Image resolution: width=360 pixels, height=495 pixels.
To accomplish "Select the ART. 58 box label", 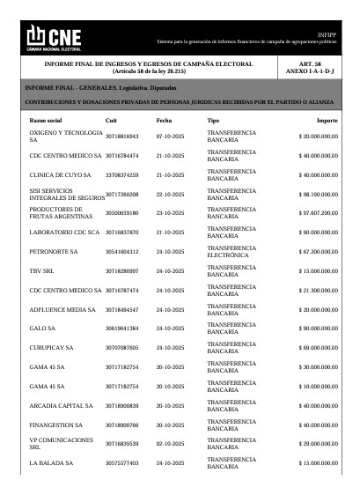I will (310, 64).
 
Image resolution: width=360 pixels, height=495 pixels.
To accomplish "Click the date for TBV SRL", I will (170, 270).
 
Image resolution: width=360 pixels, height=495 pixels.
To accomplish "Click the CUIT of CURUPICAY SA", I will (121, 347).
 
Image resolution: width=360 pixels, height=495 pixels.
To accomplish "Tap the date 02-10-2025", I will (170, 443).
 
